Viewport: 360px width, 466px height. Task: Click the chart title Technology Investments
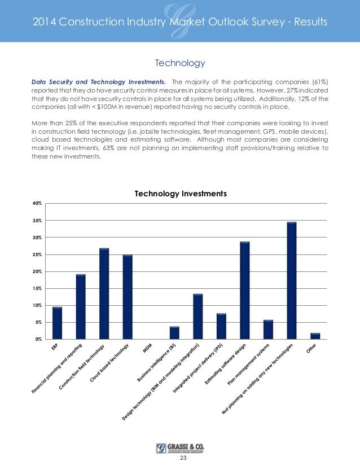(180, 194)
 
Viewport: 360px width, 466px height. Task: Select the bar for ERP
(57, 323)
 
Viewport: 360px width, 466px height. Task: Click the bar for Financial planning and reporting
(81, 307)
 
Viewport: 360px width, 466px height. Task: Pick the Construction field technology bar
(104, 294)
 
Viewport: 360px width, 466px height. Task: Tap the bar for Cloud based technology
(128, 297)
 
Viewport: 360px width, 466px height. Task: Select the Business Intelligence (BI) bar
(174, 333)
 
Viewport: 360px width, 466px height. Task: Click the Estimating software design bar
(244, 291)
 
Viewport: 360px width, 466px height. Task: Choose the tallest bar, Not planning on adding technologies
(291, 281)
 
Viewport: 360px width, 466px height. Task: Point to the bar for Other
(315, 336)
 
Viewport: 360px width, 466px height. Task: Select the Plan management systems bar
(268, 329)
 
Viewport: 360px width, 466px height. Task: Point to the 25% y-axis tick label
(37, 254)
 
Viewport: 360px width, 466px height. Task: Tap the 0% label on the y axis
(38, 339)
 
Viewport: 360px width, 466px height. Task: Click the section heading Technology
(179, 62)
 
